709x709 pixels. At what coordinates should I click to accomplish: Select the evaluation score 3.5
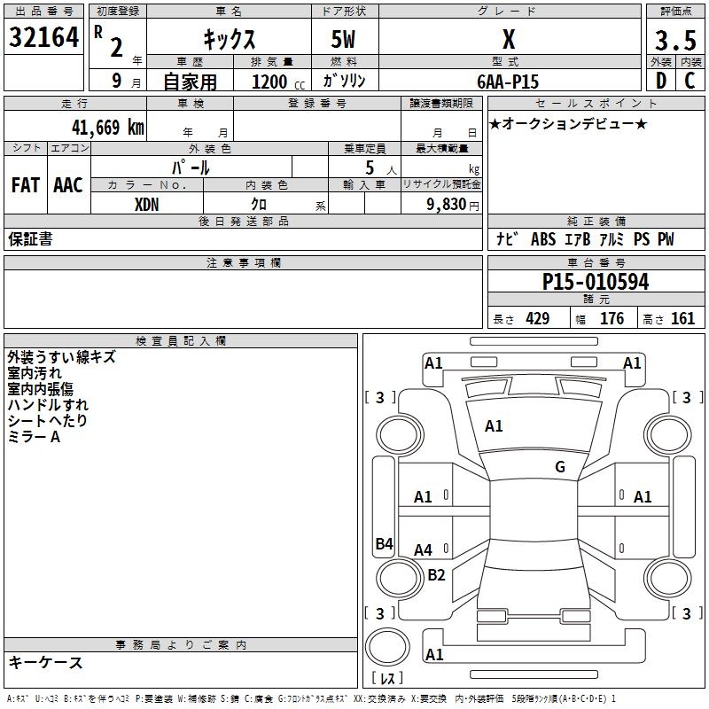point(674,40)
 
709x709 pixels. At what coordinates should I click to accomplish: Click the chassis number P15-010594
point(596,282)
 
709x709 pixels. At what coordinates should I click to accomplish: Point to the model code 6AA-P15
point(508,81)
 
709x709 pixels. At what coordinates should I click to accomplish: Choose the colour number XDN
point(147,203)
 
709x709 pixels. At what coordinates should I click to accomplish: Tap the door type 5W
point(344,40)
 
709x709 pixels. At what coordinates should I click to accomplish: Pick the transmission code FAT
point(26,184)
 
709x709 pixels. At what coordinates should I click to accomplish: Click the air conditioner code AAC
point(68,184)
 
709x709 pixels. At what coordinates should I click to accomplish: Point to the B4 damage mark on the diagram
point(384,543)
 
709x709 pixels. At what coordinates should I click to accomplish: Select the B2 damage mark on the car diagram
point(436,574)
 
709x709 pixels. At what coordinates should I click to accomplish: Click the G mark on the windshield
point(560,467)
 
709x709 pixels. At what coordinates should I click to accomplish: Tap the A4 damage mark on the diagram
point(424,549)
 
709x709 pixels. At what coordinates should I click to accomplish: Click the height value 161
point(682,319)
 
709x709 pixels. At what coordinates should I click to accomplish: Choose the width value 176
point(612,319)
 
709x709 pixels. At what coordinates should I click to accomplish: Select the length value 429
point(537,319)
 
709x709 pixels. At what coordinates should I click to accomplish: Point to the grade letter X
point(508,40)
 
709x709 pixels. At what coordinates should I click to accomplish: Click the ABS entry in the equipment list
point(542,239)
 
